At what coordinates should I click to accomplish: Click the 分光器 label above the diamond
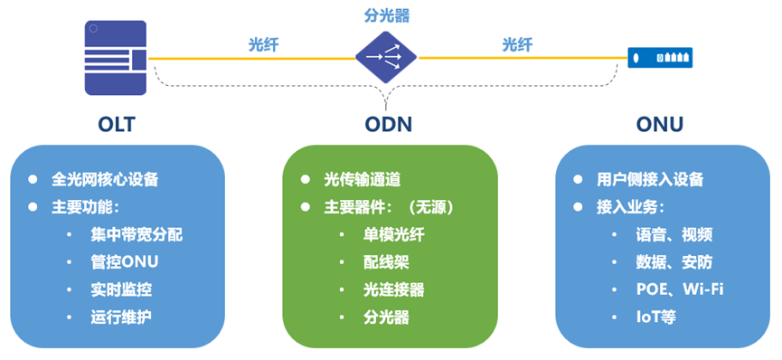point(386,16)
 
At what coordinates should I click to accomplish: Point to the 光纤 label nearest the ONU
point(517,43)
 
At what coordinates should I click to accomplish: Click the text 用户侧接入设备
point(650,179)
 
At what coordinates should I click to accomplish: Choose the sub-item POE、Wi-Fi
point(679,289)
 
